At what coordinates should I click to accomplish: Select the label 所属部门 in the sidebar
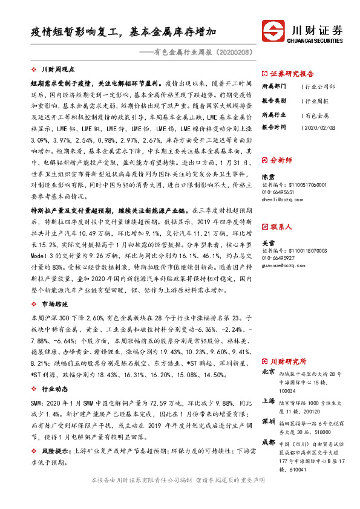point(274,86)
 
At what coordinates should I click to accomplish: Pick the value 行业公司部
point(321,86)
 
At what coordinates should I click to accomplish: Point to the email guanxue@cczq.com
point(283,264)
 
